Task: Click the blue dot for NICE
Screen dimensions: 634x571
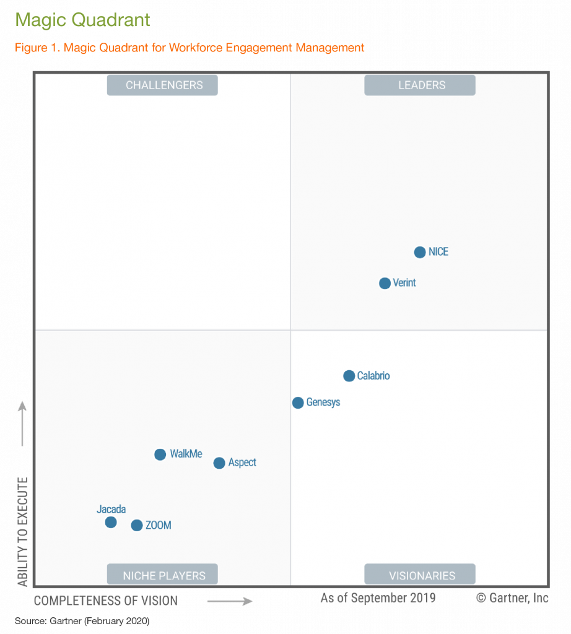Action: click(420, 252)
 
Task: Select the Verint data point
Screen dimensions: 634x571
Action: click(385, 283)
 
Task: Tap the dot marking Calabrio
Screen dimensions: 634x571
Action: click(349, 376)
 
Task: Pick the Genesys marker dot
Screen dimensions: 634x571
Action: click(298, 402)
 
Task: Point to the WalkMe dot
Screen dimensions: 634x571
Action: click(160, 454)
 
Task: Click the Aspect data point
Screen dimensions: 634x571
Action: click(219, 463)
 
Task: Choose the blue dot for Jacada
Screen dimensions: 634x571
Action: click(111, 523)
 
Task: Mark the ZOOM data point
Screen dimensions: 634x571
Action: click(137, 526)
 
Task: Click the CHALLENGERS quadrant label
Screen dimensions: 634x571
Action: click(162, 85)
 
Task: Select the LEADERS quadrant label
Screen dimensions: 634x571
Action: click(420, 85)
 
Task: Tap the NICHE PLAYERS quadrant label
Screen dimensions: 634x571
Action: click(162, 575)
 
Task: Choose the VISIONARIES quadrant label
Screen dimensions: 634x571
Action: click(420, 575)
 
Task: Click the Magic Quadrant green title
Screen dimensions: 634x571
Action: click(83, 20)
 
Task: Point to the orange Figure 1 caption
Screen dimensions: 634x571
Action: click(190, 48)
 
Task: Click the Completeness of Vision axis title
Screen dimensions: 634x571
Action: click(105, 601)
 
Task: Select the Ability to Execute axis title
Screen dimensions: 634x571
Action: click(23, 531)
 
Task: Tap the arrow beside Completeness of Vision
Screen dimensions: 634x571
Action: click(230, 601)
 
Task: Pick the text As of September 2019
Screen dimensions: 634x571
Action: click(378, 598)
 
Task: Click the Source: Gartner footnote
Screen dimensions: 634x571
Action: click(82, 620)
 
